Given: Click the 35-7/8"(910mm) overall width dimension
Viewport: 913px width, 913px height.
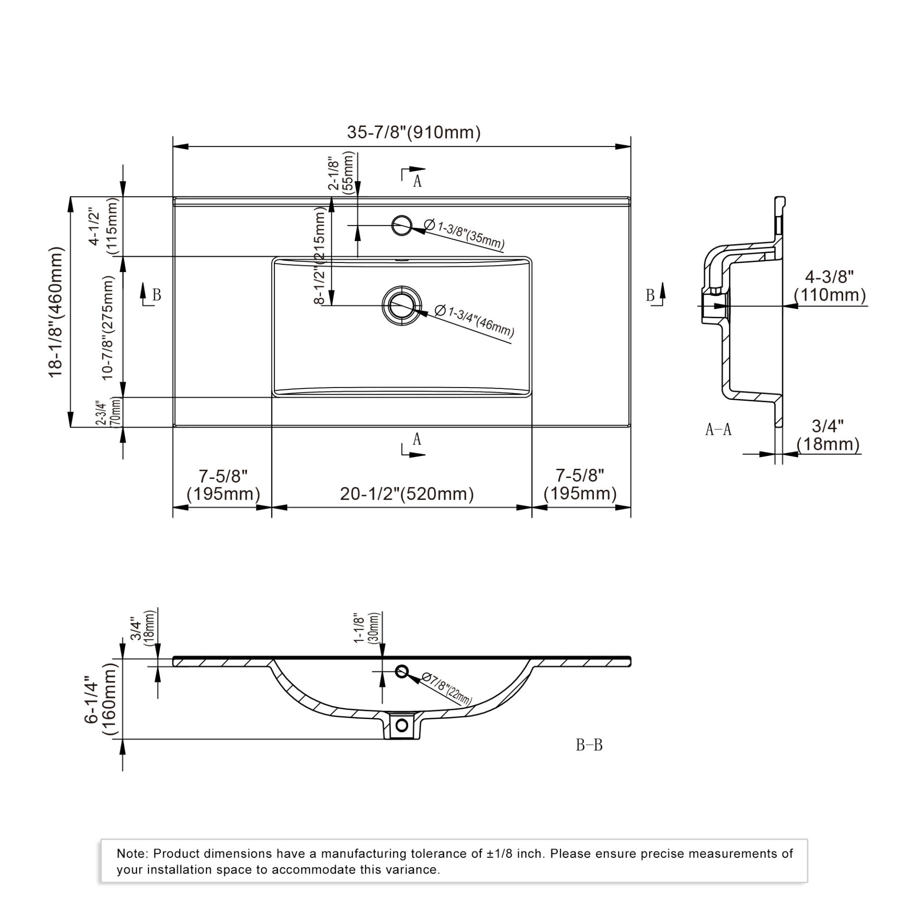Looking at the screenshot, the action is point(414,132).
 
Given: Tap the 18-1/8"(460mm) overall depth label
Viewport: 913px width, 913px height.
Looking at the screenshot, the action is point(56,312).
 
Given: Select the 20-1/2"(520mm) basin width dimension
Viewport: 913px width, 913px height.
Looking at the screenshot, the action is point(407,494).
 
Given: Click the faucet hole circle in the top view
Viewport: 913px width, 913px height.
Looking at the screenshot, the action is point(402,225).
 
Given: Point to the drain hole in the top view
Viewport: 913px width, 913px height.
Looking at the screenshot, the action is point(402,305).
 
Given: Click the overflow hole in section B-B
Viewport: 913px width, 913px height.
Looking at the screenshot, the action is point(402,671).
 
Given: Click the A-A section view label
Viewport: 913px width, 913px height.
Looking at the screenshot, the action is point(718,430).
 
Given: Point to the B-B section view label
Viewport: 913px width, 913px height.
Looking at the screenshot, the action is point(589,745).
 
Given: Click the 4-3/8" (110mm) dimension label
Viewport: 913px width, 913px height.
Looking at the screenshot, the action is point(830,286).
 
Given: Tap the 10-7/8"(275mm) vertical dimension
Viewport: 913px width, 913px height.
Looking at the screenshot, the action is point(107,328).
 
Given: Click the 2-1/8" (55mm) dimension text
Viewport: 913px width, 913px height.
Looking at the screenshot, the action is point(341,171).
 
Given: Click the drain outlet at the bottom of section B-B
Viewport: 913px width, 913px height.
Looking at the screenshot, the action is point(402,725).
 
